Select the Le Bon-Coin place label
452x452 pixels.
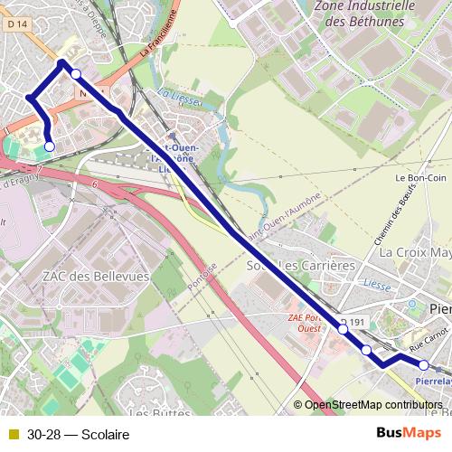pos(417,178)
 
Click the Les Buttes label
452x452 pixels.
pos(151,412)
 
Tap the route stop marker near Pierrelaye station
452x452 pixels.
pos(423,365)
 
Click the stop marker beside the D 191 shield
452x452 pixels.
pos(344,330)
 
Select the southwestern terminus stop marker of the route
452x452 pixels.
pos(49,146)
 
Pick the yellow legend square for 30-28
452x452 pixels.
pos(13,435)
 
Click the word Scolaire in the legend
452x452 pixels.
pos(105,435)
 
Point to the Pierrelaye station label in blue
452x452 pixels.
pos(432,381)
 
